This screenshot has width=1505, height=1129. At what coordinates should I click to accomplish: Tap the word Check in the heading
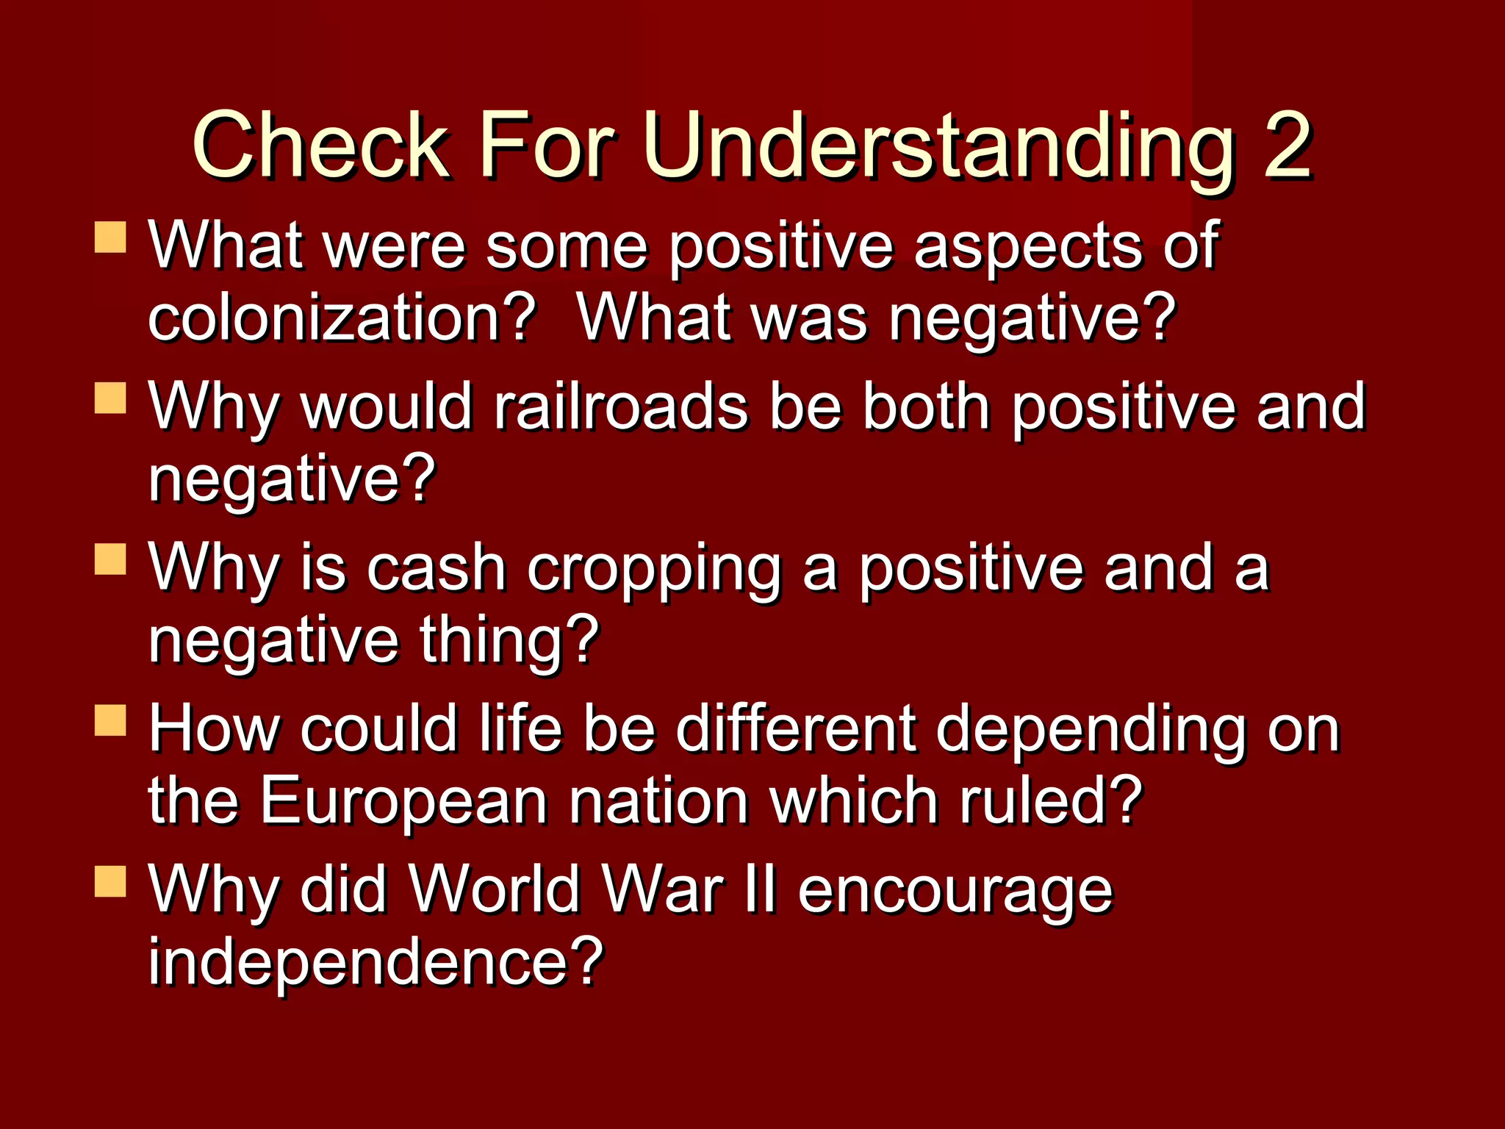320,146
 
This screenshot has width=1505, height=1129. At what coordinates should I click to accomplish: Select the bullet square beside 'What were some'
110,238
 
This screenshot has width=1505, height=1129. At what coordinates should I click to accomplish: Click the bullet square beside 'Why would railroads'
110,398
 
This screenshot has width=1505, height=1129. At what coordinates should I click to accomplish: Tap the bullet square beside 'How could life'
110,720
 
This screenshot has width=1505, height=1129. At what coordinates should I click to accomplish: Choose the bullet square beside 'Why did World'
110,881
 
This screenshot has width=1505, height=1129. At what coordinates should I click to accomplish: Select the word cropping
653,569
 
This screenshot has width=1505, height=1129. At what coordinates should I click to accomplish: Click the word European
403,800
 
